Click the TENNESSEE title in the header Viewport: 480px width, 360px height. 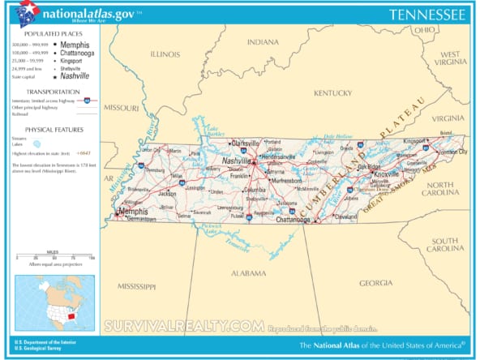[426, 15]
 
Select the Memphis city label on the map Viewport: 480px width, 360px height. [132, 212]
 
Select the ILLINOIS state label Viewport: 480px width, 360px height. [165, 54]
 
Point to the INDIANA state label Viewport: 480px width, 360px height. [262, 41]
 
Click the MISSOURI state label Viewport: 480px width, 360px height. [123, 107]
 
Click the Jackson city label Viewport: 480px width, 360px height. [167, 194]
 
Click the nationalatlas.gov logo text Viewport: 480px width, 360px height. [91, 12]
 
